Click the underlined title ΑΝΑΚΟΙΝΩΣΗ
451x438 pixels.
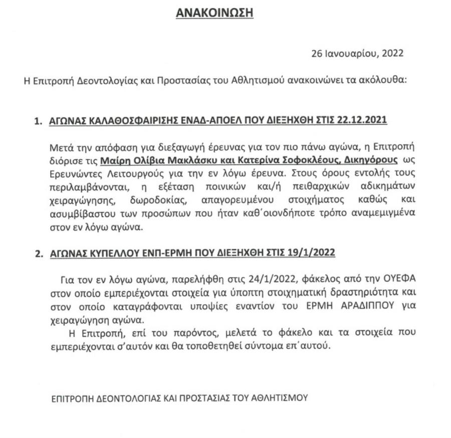click(214, 14)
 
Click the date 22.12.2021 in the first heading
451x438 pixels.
click(365, 121)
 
